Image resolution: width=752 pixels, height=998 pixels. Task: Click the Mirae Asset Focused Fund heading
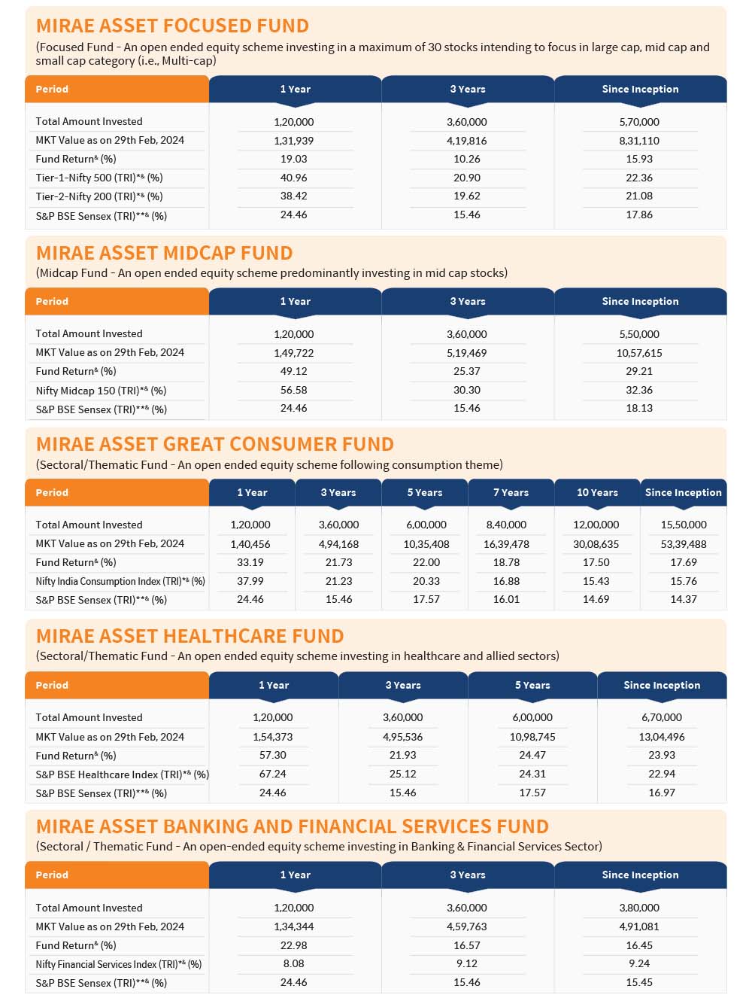(172, 26)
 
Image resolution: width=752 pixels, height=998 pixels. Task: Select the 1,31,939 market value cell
(294, 141)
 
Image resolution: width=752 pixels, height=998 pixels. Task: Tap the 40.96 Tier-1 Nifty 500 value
(294, 178)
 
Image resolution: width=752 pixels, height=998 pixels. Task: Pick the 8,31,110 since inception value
(639, 141)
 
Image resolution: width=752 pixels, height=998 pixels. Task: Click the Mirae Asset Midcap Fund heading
(164, 253)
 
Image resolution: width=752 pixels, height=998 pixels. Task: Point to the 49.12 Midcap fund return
(294, 371)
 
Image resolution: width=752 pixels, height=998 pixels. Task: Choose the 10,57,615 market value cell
(639, 353)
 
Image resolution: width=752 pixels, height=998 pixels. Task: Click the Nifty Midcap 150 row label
(101, 391)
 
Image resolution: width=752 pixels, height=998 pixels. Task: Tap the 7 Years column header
(511, 492)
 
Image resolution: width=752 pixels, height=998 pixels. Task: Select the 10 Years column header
(597, 492)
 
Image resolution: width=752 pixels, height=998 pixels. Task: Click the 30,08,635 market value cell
(596, 544)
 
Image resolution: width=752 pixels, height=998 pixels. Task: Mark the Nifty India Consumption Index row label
(120, 581)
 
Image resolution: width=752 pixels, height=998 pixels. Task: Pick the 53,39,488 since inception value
(684, 544)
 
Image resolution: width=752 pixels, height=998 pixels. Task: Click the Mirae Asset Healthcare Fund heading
(190, 636)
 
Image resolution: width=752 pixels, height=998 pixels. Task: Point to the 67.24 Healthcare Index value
(273, 774)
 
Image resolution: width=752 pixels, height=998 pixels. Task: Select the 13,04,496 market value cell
(662, 737)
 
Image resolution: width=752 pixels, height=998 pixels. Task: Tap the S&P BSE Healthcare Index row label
(122, 774)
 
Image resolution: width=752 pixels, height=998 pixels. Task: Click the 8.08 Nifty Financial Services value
(294, 963)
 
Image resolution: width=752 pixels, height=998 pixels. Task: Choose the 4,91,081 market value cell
(639, 926)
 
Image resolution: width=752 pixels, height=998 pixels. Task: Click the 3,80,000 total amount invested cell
(639, 908)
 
